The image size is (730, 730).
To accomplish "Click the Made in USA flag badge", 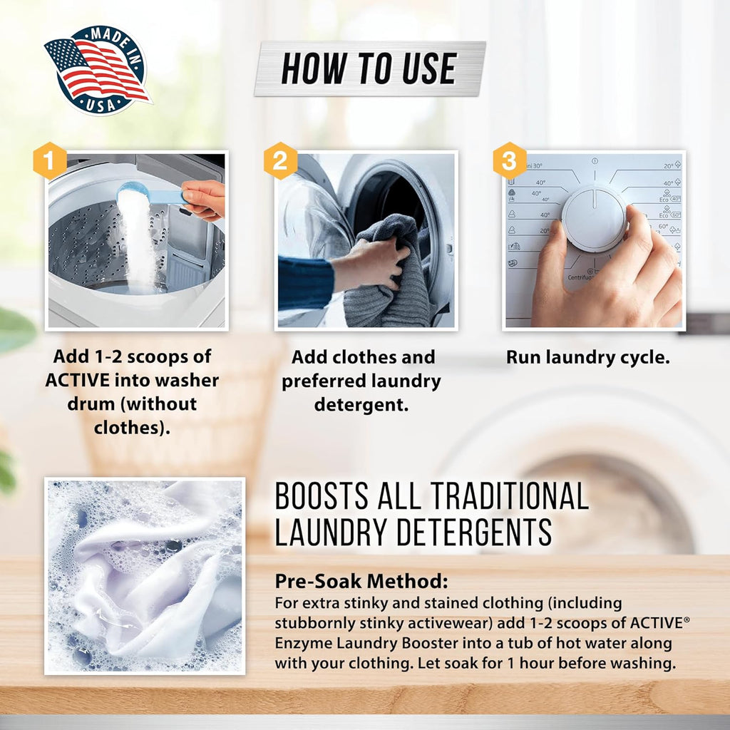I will [x=97, y=70].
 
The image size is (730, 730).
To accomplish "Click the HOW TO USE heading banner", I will [x=369, y=68].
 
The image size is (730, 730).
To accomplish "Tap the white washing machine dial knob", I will [x=594, y=219].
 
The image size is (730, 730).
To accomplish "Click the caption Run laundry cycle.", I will [x=588, y=358].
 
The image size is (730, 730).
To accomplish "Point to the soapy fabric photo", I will [x=145, y=576].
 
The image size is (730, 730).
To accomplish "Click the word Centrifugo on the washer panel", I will [x=582, y=277].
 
